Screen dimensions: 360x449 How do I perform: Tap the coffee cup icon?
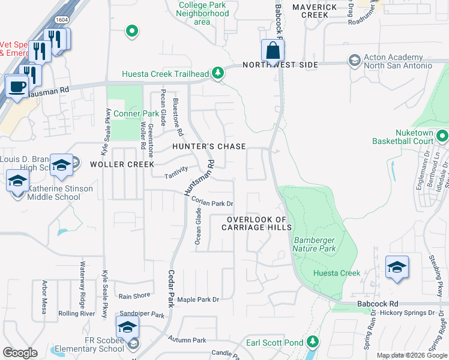pyautogui.click(x=17, y=85)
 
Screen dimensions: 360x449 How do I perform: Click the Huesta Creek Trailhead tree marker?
pyautogui.click(x=217, y=74)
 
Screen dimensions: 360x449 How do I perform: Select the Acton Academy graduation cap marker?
pyautogui.click(x=354, y=61)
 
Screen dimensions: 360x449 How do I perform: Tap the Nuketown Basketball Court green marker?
pyautogui.click(x=442, y=136)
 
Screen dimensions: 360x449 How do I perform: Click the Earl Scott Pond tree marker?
pyautogui.click(x=312, y=342)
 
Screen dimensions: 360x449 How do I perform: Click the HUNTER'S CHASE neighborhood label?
pyautogui.click(x=209, y=146)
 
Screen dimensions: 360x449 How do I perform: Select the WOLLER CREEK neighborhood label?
pyautogui.click(x=122, y=164)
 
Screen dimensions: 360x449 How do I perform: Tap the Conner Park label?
pyautogui.click(x=136, y=113)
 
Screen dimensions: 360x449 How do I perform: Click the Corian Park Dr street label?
pyautogui.click(x=212, y=203)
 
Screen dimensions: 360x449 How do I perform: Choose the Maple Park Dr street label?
pyautogui.click(x=198, y=299)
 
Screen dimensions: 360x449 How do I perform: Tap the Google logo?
pyautogui.click(x=20, y=352)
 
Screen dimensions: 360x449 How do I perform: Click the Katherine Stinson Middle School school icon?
pyautogui.click(x=17, y=181)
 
